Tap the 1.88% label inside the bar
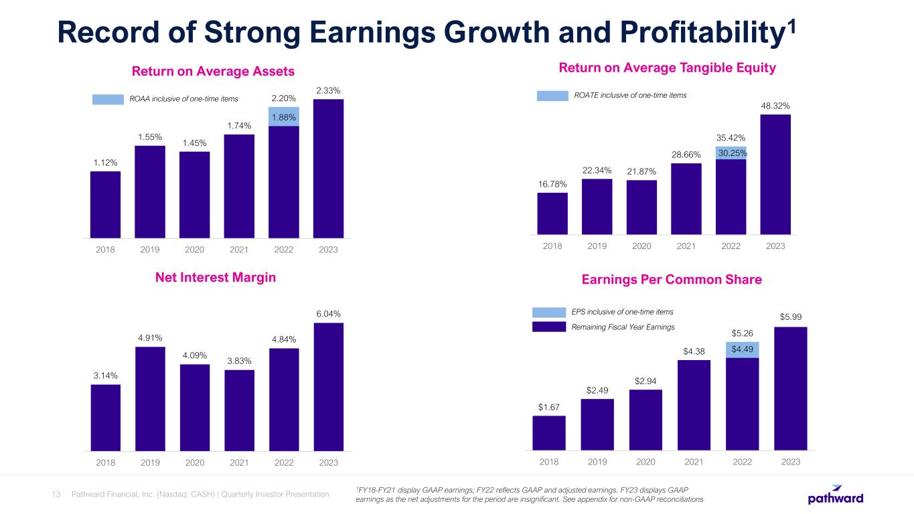tap(284, 118)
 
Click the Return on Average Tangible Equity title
tap(667, 68)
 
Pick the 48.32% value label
tap(775, 105)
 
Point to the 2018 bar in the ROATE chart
tap(552, 213)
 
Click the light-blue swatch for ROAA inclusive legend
tap(108, 100)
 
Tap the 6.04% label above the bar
tap(328, 313)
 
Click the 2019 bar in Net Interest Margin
tap(150, 398)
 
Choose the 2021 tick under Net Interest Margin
tap(239, 462)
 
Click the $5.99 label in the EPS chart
tap(790, 316)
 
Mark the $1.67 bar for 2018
tap(549, 432)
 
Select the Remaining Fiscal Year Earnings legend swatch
tap(549, 327)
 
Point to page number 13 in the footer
tap(56, 495)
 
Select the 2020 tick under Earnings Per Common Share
tap(645, 462)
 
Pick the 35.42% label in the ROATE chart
tap(731, 139)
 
